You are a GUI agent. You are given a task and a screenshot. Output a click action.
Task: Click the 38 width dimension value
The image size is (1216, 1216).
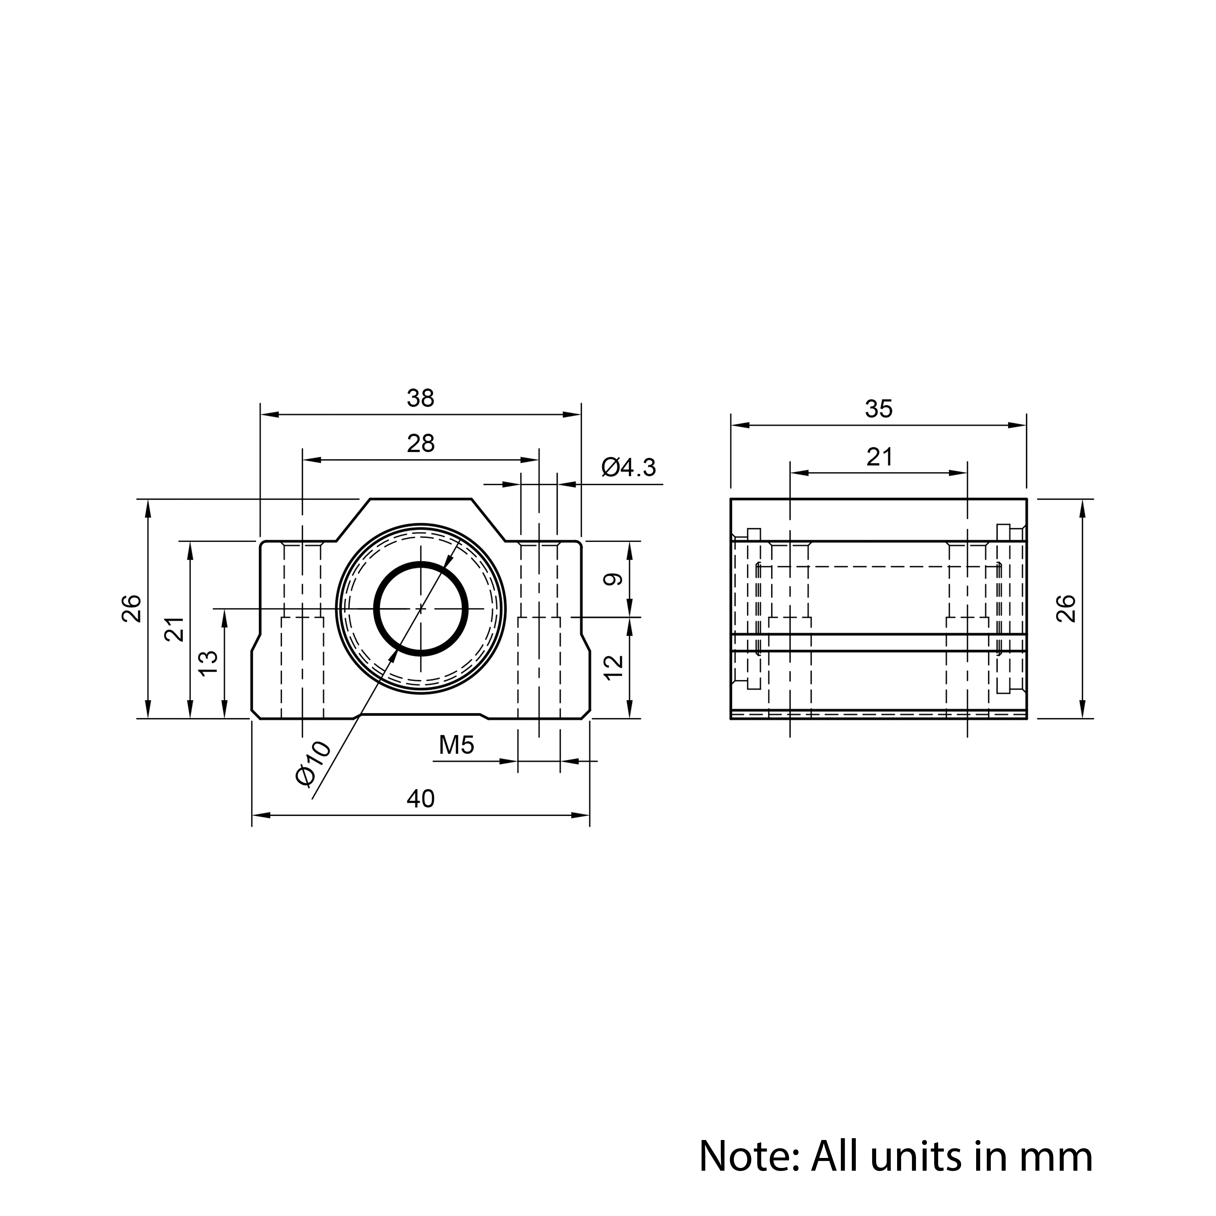420,399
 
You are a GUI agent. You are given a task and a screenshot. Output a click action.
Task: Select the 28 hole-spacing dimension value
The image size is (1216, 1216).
420,444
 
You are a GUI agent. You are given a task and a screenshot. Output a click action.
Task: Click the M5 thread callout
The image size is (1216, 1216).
456,745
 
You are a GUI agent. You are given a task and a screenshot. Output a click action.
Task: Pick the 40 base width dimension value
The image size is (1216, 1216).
420,799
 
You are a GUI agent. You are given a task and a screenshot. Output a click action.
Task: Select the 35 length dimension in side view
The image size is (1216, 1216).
879,409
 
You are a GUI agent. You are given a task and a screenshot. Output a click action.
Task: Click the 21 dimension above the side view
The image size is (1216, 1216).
879,457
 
